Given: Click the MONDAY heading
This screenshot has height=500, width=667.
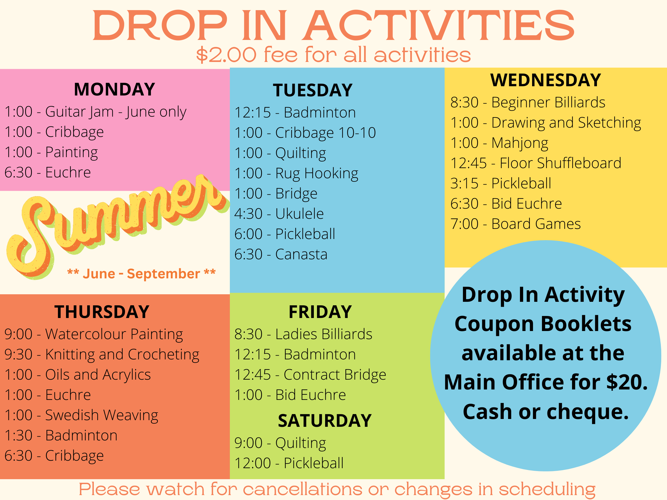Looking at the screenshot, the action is tap(114, 89).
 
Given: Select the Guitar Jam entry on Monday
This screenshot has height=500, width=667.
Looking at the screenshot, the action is tap(95, 112).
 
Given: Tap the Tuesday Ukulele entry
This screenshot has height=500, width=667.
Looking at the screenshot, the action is tap(279, 214).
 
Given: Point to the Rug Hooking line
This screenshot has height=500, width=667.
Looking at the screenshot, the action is tap(296, 174).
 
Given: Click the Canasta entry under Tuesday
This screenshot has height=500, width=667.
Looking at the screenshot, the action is tap(281, 254).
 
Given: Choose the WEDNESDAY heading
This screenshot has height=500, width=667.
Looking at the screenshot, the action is tap(545, 80).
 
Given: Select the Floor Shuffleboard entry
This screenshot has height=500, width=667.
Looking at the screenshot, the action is tap(536, 163).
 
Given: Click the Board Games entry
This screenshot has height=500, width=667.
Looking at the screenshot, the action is tap(515, 224).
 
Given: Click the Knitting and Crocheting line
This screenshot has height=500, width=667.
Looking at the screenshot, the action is tap(102, 355).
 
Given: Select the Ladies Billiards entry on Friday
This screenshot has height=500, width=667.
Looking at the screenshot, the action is tap(303, 334).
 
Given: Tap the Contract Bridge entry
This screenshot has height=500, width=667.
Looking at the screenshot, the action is tap(310, 375).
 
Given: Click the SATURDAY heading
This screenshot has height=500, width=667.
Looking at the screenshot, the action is tap(325, 421).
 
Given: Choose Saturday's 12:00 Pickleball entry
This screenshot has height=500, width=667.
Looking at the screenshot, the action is tap(289, 463).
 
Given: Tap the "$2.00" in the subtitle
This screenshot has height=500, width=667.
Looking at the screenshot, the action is tap(226, 55).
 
